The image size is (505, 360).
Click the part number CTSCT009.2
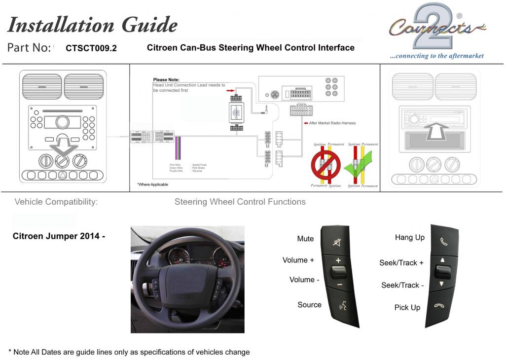coord(91,48)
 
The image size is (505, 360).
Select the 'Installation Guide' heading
coord(93,25)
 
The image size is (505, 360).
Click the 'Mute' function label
coord(305,239)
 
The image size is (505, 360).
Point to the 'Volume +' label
coord(298,260)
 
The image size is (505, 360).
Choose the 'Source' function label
coord(309,305)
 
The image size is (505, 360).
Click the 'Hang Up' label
coord(409,238)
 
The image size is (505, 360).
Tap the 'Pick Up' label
coord(407,308)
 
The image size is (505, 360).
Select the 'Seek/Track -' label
coord(402,285)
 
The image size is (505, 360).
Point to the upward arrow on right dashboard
coord(435,131)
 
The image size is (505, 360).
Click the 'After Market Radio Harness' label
coord(332,123)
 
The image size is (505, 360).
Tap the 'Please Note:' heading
coord(166,80)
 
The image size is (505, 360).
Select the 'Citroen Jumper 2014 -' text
coord(59,236)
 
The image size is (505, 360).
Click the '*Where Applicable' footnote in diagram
coord(152,184)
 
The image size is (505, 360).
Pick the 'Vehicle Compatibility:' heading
coord(56,202)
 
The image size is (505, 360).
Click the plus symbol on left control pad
coord(338,260)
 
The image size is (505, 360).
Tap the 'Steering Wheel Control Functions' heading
coord(240,202)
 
